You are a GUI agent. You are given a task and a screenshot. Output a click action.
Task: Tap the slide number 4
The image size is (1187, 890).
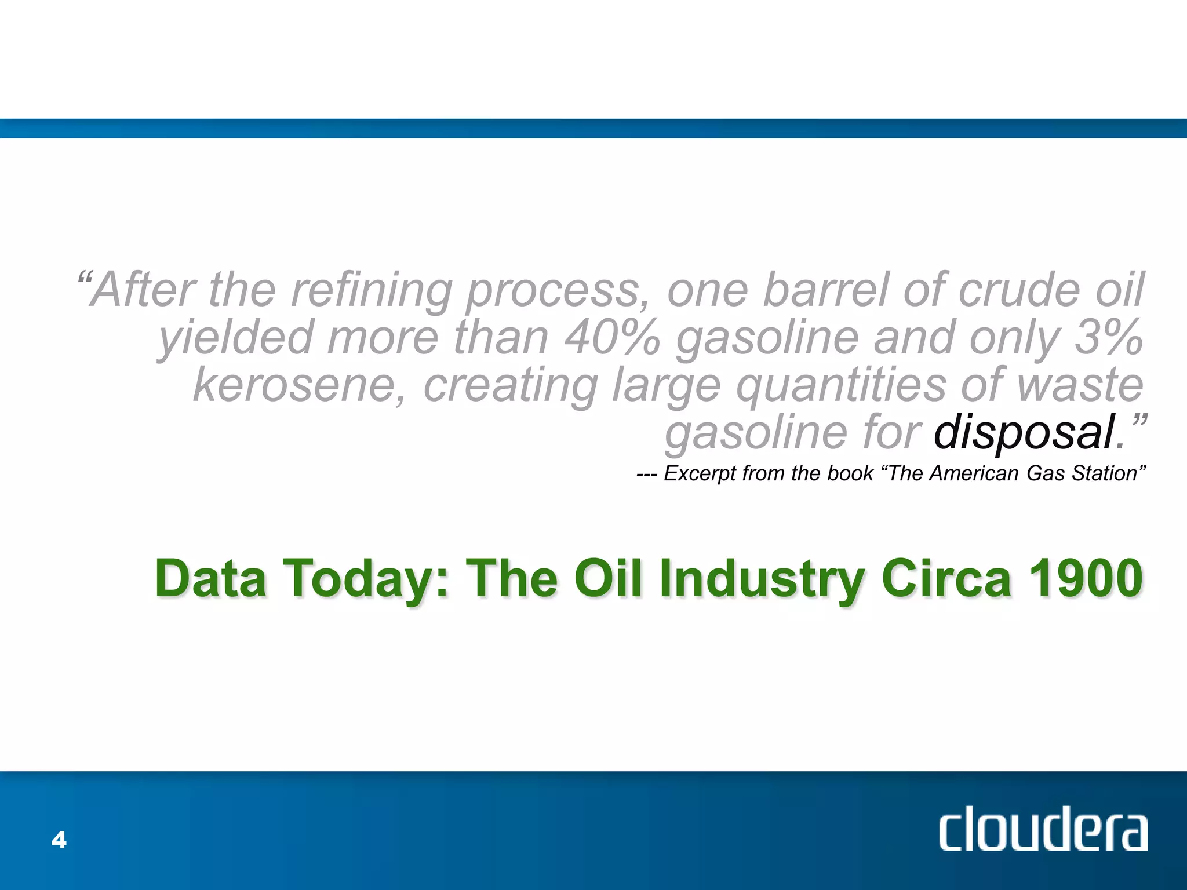click(x=59, y=840)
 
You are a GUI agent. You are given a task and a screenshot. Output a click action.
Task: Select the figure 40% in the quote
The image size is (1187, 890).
click(x=612, y=338)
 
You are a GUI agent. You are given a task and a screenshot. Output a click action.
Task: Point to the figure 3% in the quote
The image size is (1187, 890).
click(x=1109, y=338)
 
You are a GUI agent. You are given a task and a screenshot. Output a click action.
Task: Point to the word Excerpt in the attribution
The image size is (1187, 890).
click(x=700, y=474)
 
